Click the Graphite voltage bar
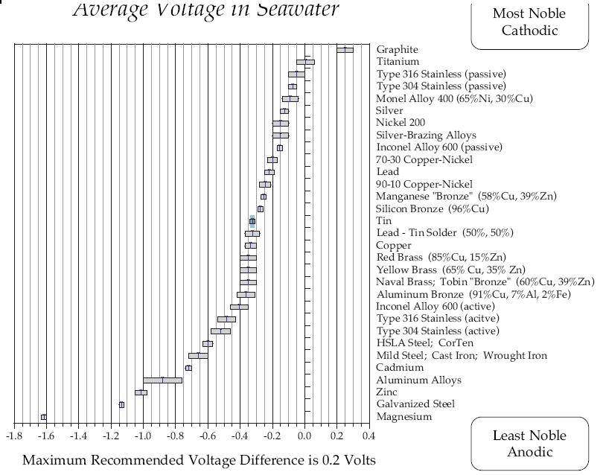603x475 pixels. [x=345, y=50]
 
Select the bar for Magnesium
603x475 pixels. [x=43, y=417]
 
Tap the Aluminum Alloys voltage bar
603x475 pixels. [x=162, y=380]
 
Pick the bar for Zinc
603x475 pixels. [x=141, y=392]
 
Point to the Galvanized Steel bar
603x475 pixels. [x=121, y=404]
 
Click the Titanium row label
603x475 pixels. [x=398, y=62]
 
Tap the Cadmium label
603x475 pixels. [x=400, y=368]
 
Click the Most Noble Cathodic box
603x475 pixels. [x=529, y=23]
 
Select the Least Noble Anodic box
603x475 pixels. [x=529, y=443]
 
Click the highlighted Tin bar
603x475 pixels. [x=252, y=221]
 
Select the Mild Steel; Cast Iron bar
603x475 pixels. [x=198, y=356]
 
